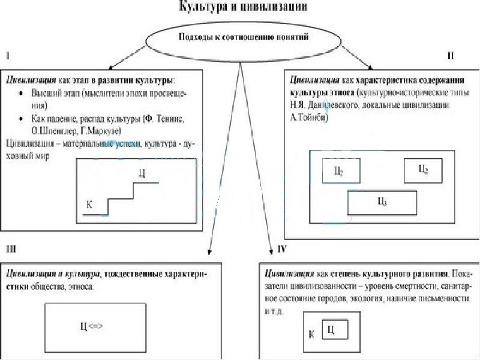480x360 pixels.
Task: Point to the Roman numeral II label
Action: (451, 56)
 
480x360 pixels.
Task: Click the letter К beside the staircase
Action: (89, 205)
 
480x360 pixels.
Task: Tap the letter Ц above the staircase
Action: (142, 173)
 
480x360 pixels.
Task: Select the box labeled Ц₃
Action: (382, 202)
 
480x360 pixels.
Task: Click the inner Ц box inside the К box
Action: (336, 329)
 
